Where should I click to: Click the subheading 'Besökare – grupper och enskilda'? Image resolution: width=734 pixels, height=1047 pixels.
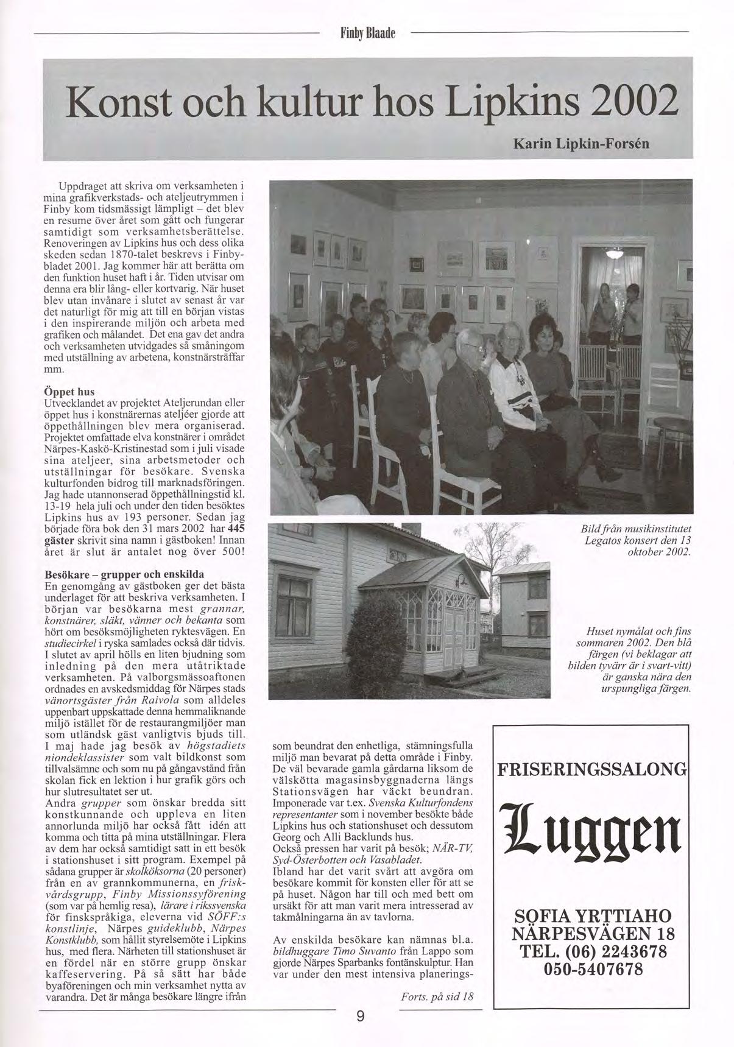coord(124,574)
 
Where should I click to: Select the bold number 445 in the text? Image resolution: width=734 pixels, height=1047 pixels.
coord(235,529)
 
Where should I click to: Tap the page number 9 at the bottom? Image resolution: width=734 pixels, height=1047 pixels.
coord(360,1015)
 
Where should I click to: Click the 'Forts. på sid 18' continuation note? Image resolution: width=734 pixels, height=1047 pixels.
coord(437,996)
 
